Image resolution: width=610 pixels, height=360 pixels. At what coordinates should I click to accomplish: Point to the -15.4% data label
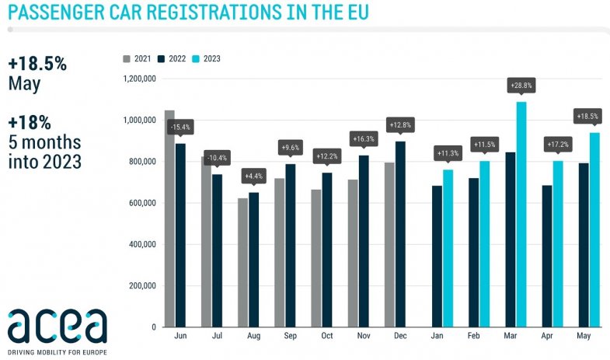tap(181, 126)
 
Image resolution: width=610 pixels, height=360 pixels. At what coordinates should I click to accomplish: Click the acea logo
tap(57, 327)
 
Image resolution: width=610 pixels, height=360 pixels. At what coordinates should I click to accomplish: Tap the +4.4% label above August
tap(254, 176)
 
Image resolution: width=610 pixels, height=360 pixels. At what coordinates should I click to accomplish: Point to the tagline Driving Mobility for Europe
tap(57, 352)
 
